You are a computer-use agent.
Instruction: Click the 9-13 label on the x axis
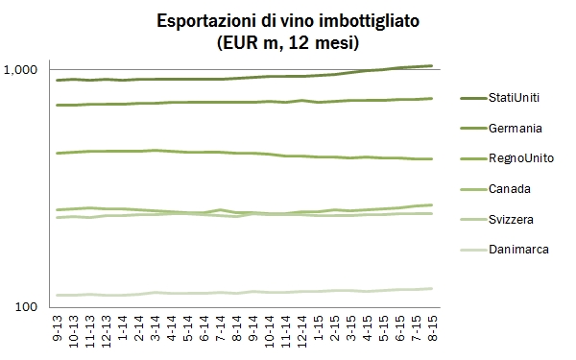60,330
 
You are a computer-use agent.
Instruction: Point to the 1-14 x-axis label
124,330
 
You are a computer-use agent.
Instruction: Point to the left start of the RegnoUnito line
58,153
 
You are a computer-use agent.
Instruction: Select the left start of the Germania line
58,105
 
